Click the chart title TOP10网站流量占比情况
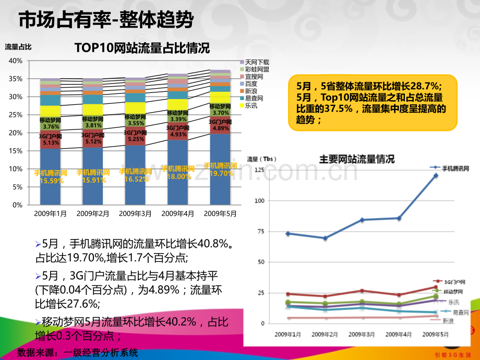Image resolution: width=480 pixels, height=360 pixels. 142,49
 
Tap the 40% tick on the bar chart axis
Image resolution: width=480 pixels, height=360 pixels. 16,61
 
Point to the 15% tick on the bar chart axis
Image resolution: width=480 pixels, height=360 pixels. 16,151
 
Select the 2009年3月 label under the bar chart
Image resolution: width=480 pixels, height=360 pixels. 135,213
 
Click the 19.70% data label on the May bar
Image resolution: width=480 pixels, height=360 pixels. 220,174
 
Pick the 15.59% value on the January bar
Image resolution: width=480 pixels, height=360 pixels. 51,181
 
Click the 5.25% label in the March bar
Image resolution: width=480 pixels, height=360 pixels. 136,139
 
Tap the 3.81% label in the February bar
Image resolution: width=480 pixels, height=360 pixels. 93,125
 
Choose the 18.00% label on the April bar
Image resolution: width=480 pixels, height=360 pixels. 178,176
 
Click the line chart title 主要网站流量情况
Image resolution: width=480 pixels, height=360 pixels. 357,160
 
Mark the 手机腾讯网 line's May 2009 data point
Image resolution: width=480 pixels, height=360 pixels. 435,176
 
